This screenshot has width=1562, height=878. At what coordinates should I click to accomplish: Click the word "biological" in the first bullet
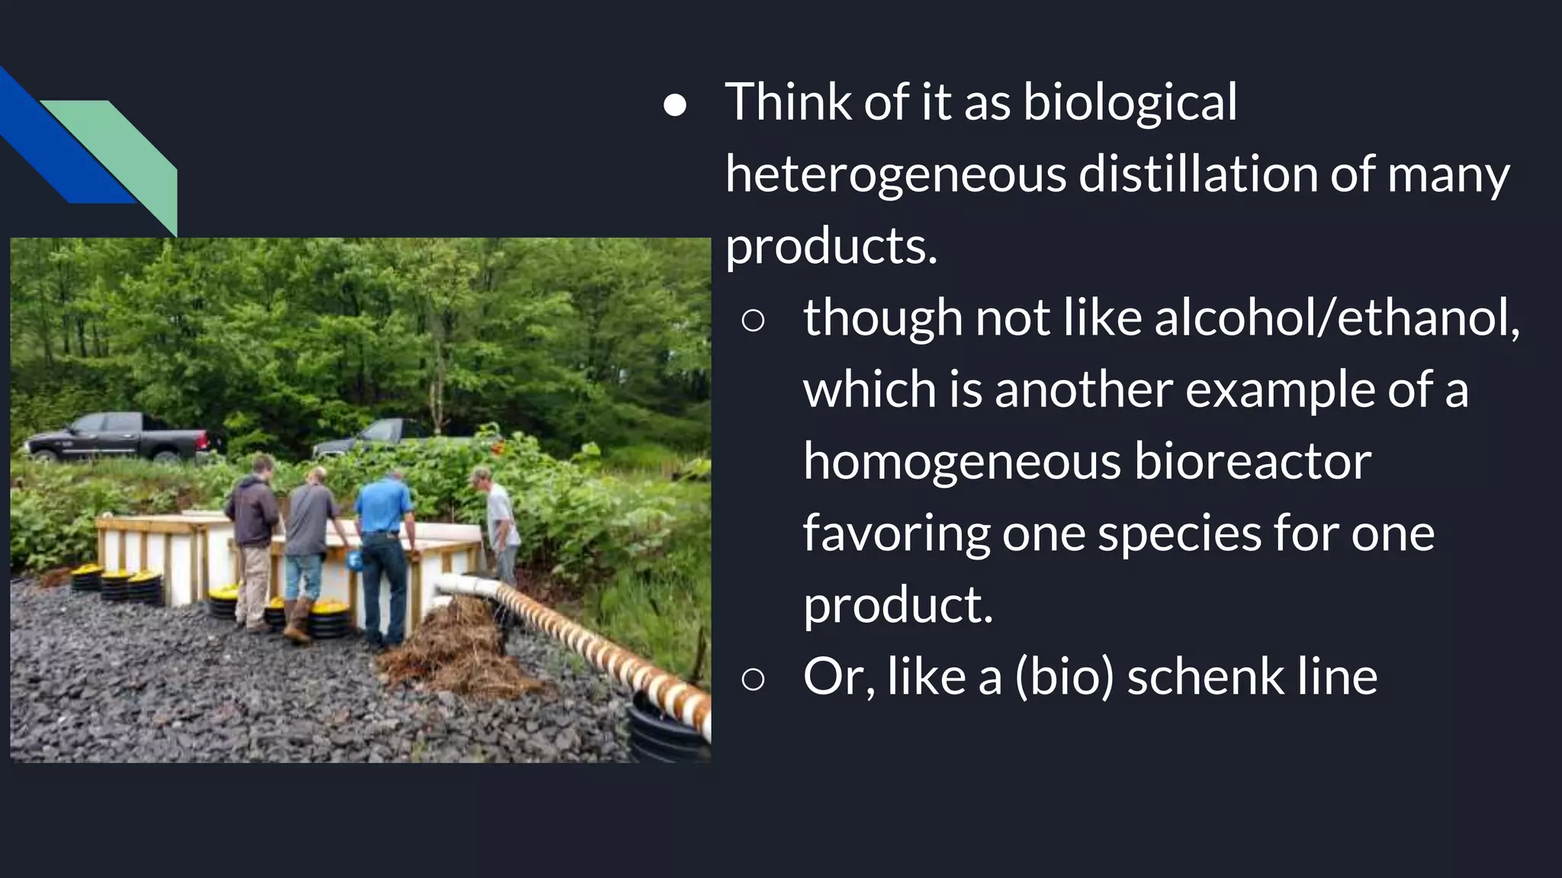(x=1130, y=103)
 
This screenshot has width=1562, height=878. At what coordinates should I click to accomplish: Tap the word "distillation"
(x=1198, y=175)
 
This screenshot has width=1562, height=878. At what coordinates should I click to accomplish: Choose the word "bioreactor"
(x=1252, y=462)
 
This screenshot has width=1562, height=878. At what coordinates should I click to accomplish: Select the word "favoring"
(x=896, y=534)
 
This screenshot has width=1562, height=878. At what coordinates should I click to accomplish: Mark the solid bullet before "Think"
(x=675, y=106)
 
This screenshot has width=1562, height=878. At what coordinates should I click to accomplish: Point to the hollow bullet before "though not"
(x=753, y=321)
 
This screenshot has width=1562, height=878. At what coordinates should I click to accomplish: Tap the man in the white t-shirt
(x=500, y=526)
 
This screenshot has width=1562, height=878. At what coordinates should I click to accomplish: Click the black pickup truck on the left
(x=122, y=437)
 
